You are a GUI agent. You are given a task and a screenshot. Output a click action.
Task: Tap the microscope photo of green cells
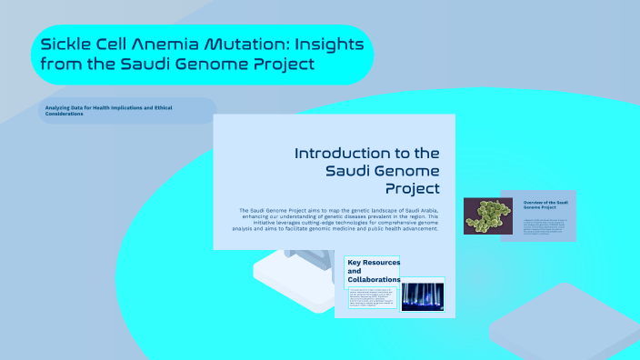[x=491, y=216]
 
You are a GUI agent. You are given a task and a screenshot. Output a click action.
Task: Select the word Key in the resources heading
[x=355, y=262]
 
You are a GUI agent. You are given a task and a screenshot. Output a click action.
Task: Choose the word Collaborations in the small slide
[x=374, y=280]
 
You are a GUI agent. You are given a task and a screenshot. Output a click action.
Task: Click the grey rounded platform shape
[x=564, y=322]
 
